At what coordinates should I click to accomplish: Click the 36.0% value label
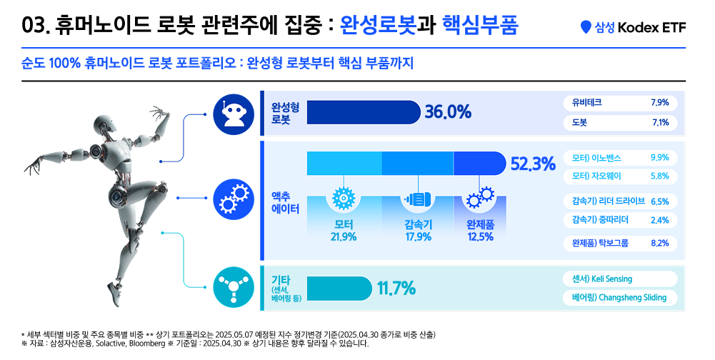point(448,112)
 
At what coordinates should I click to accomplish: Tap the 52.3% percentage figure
point(532,164)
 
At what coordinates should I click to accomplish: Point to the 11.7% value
point(396,289)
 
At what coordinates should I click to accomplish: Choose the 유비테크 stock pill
point(619,102)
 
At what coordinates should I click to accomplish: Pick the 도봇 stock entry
point(619,122)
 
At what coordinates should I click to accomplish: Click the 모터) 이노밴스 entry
point(619,157)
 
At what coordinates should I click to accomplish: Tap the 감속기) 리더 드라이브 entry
point(619,201)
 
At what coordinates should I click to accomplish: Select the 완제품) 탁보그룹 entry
point(619,243)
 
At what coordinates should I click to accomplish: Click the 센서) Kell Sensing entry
point(619,279)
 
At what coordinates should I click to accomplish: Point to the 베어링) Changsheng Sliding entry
point(619,297)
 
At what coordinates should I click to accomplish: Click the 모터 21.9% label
point(344,231)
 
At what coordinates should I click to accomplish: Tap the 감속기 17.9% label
point(418,231)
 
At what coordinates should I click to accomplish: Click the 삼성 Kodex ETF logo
point(633,27)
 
